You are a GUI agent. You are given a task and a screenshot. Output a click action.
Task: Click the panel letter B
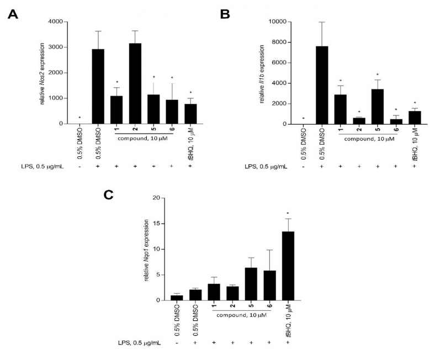click(225, 14)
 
